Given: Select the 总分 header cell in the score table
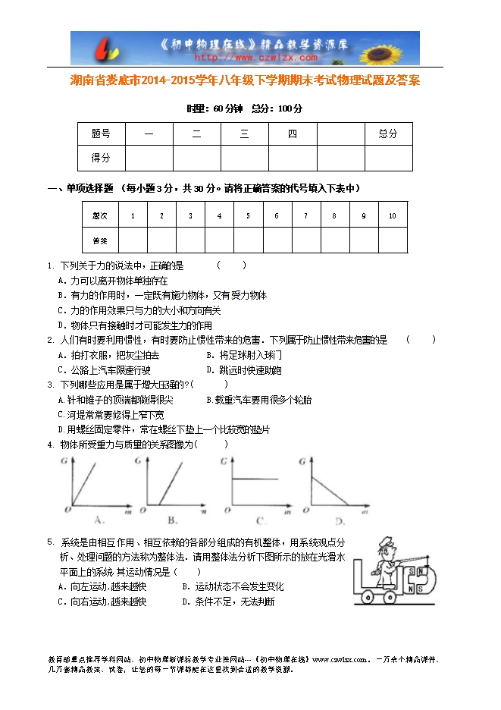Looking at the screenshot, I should [387, 134].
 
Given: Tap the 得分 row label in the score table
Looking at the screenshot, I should [101, 158].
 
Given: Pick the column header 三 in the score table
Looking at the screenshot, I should [244, 134].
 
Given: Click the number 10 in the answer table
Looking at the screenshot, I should [392, 216].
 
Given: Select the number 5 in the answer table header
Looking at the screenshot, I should [248, 216].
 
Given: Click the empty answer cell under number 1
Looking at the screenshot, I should [133, 240].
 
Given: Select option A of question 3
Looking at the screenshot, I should [115, 400].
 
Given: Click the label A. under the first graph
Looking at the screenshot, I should [99, 520].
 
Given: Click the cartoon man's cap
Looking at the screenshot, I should [387, 542].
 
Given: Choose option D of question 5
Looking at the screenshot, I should [228, 602].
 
